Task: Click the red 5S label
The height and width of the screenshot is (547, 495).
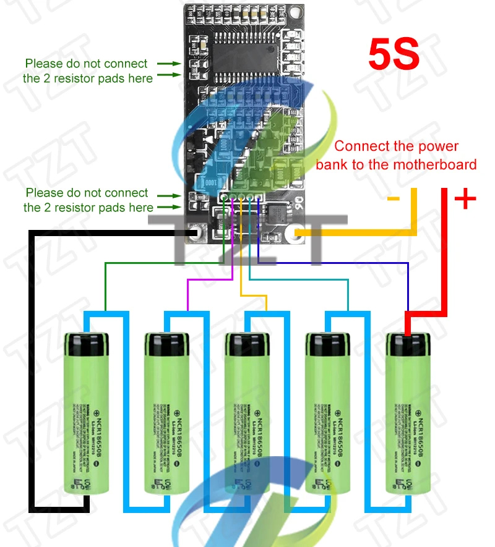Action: (394, 54)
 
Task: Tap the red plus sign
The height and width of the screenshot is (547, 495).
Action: (465, 199)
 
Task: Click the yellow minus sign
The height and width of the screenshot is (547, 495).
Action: (393, 199)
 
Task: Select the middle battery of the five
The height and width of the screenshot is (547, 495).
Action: (247, 414)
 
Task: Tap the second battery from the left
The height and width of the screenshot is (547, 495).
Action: (167, 414)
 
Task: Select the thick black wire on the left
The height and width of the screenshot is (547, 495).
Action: (31, 371)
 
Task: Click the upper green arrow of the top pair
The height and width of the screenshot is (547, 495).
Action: (165, 63)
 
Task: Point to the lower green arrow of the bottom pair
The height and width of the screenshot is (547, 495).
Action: (165, 208)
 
